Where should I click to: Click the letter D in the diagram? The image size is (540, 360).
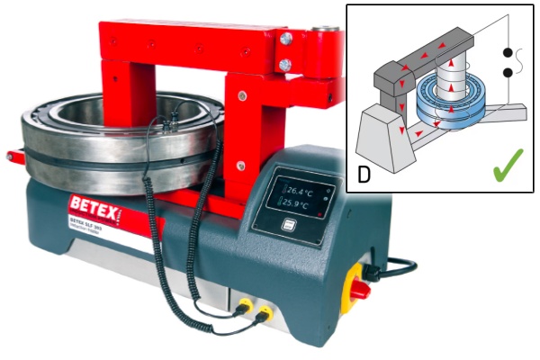pos(364,174)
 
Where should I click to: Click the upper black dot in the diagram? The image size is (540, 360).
pos(510,52)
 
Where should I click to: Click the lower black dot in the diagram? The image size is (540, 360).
pos(510,72)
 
